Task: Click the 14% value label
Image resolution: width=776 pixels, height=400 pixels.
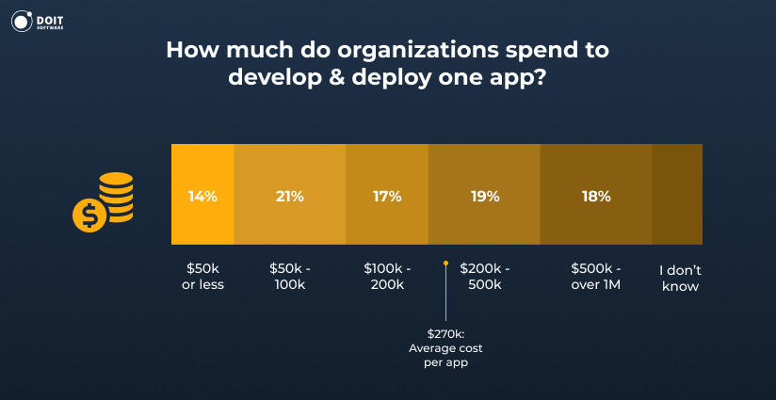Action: [202, 197]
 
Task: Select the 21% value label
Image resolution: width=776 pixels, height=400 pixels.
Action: [290, 197]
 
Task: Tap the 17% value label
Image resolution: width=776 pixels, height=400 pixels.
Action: [387, 197]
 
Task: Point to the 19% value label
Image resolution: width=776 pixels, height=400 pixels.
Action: [484, 197]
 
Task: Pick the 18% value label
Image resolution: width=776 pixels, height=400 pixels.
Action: [596, 197]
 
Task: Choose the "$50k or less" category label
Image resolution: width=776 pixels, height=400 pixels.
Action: [202, 277]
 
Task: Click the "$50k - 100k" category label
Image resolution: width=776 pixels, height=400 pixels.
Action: [290, 277]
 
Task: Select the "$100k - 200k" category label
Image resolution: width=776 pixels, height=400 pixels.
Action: [387, 277]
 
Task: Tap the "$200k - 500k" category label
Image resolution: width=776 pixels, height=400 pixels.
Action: [484, 277]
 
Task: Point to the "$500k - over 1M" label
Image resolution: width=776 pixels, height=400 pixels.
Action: [596, 277]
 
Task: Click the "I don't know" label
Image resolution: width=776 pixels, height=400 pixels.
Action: [679, 277]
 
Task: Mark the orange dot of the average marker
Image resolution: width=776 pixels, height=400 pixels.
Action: [445, 264]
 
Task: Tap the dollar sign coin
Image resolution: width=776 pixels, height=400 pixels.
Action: [89, 216]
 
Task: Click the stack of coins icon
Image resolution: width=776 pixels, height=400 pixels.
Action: [116, 195]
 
